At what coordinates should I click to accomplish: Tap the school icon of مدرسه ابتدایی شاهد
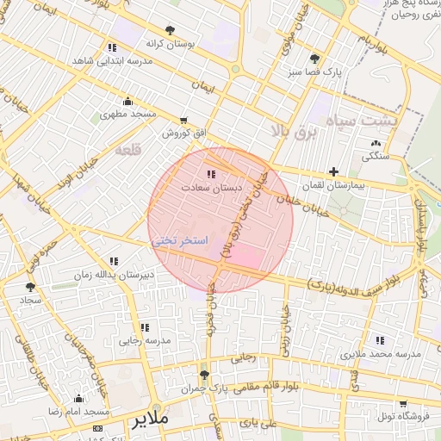pyautogui.click(x=112, y=48)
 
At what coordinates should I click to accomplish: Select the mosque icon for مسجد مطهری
pyautogui.click(x=128, y=101)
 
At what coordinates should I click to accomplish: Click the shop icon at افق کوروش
pyautogui.click(x=183, y=121)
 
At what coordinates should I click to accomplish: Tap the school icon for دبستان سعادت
pyautogui.click(x=212, y=174)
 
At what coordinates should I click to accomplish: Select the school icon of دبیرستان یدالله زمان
pyautogui.click(x=114, y=261)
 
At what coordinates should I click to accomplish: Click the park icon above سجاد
pyautogui.click(x=31, y=287)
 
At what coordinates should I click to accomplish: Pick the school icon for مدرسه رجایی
pyautogui.click(x=144, y=327)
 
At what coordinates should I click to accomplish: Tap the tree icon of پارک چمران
pyautogui.click(x=204, y=375)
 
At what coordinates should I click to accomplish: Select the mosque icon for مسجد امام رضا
pyautogui.click(x=79, y=398)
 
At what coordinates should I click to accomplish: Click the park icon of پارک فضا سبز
pyautogui.click(x=314, y=59)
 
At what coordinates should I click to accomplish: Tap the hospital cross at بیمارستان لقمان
pyautogui.click(x=334, y=171)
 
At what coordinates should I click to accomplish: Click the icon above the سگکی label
pyautogui.click(x=375, y=143)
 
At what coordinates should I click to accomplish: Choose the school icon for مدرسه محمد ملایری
pyautogui.click(x=380, y=341)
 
